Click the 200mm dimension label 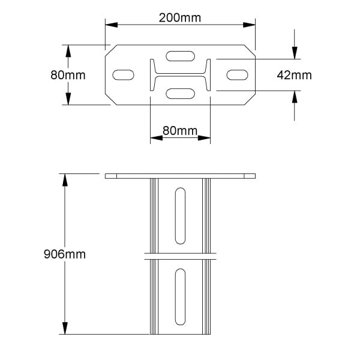(180, 17)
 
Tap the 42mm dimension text (294, 75)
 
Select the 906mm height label (65, 254)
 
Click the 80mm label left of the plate (68, 75)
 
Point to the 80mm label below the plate (180, 131)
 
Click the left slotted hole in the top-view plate (123, 75)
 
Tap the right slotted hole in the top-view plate (237, 75)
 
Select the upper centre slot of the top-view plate (180, 56)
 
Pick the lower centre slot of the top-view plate (180, 94)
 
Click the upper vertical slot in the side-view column (180, 216)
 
